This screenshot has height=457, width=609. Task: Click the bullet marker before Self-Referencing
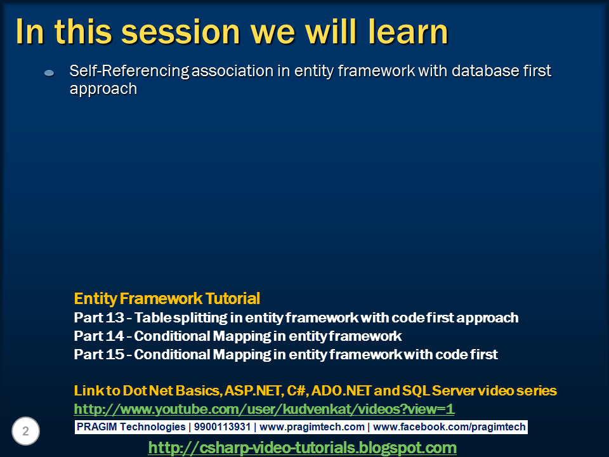49,74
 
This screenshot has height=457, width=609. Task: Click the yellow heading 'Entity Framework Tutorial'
167,298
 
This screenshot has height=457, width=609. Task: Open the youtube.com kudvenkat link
264,409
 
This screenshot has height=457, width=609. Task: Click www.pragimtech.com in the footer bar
312,427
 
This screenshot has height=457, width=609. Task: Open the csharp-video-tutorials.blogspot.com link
302,447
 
